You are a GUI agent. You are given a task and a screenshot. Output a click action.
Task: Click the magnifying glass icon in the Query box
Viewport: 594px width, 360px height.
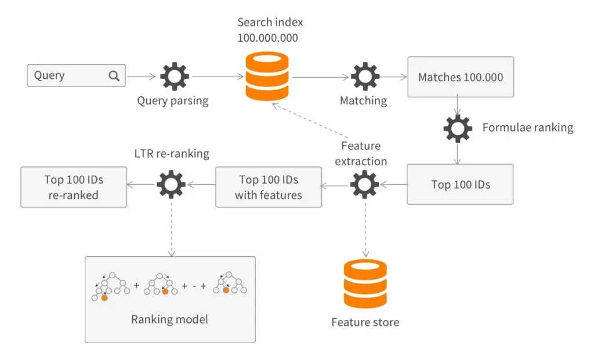(x=114, y=75)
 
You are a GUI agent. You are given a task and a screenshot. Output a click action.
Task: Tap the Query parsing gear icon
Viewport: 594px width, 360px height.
(x=174, y=76)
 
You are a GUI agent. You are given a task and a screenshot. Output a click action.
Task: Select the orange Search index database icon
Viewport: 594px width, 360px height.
(x=267, y=76)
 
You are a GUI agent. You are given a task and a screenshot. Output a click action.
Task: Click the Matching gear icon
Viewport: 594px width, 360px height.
(x=365, y=76)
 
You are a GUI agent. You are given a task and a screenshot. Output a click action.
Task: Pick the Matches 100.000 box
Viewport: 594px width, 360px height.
(x=460, y=77)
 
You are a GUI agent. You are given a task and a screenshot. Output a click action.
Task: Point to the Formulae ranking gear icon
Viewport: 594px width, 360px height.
(x=458, y=128)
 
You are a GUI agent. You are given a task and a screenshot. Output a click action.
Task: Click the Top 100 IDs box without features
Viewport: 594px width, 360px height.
(x=460, y=184)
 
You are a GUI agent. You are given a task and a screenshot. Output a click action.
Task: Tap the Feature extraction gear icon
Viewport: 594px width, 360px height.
(x=365, y=185)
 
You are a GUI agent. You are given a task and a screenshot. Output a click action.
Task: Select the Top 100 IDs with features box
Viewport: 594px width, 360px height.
(x=268, y=187)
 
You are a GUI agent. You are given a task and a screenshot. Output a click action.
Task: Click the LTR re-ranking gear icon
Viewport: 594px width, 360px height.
(x=171, y=186)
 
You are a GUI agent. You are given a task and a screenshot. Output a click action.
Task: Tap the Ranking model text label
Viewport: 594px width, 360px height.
(x=169, y=319)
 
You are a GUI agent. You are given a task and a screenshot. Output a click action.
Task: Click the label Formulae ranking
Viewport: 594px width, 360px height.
(x=527, y=128)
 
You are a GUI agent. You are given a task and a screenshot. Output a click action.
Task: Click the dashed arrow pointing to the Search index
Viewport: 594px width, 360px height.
(x=307, y=122)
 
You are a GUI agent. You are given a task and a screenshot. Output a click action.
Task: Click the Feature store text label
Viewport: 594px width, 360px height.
(x=365, y=322)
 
